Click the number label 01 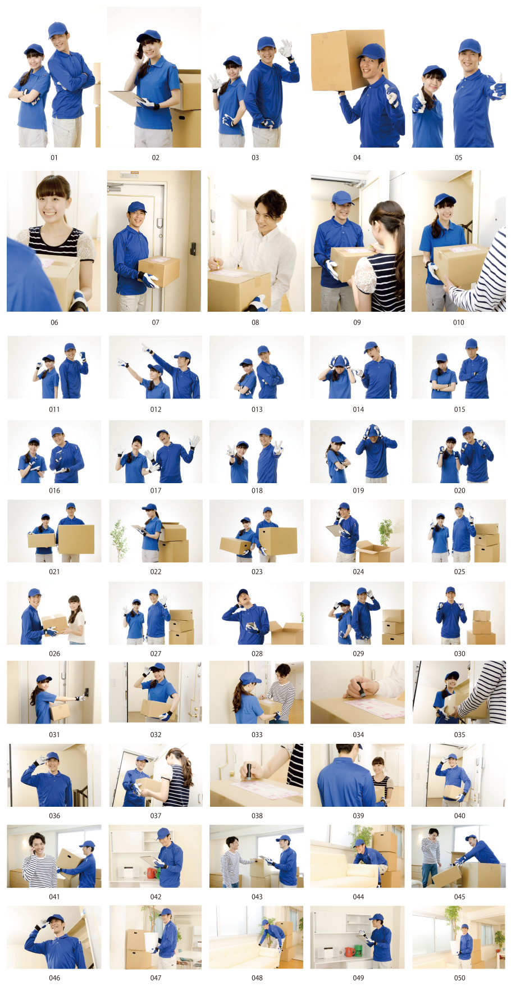(x=54, y=158)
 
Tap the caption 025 (x=459, y=572)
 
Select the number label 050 (x=459, y=978)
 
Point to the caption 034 (x=358, y=735)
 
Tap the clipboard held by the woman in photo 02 (x=129, y=98)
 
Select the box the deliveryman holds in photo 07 (x=159, y=271)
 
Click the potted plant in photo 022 (x=118, y=540)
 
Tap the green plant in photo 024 (x=385, y=533)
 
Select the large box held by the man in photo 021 (x=76, y=539)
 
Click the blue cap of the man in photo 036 (x=52, y=756)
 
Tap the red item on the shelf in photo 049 (x=349, y=951)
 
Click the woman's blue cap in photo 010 (x=443, y=199)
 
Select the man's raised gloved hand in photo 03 (x=286, y=48)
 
